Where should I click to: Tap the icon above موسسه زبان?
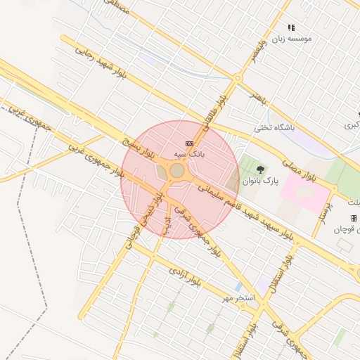coord(291,27)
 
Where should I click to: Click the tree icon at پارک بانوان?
coord(261,169)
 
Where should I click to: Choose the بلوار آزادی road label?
coord(185,276)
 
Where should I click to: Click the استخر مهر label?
coord(238,298)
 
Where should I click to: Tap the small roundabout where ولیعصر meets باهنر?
coord(238,79)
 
